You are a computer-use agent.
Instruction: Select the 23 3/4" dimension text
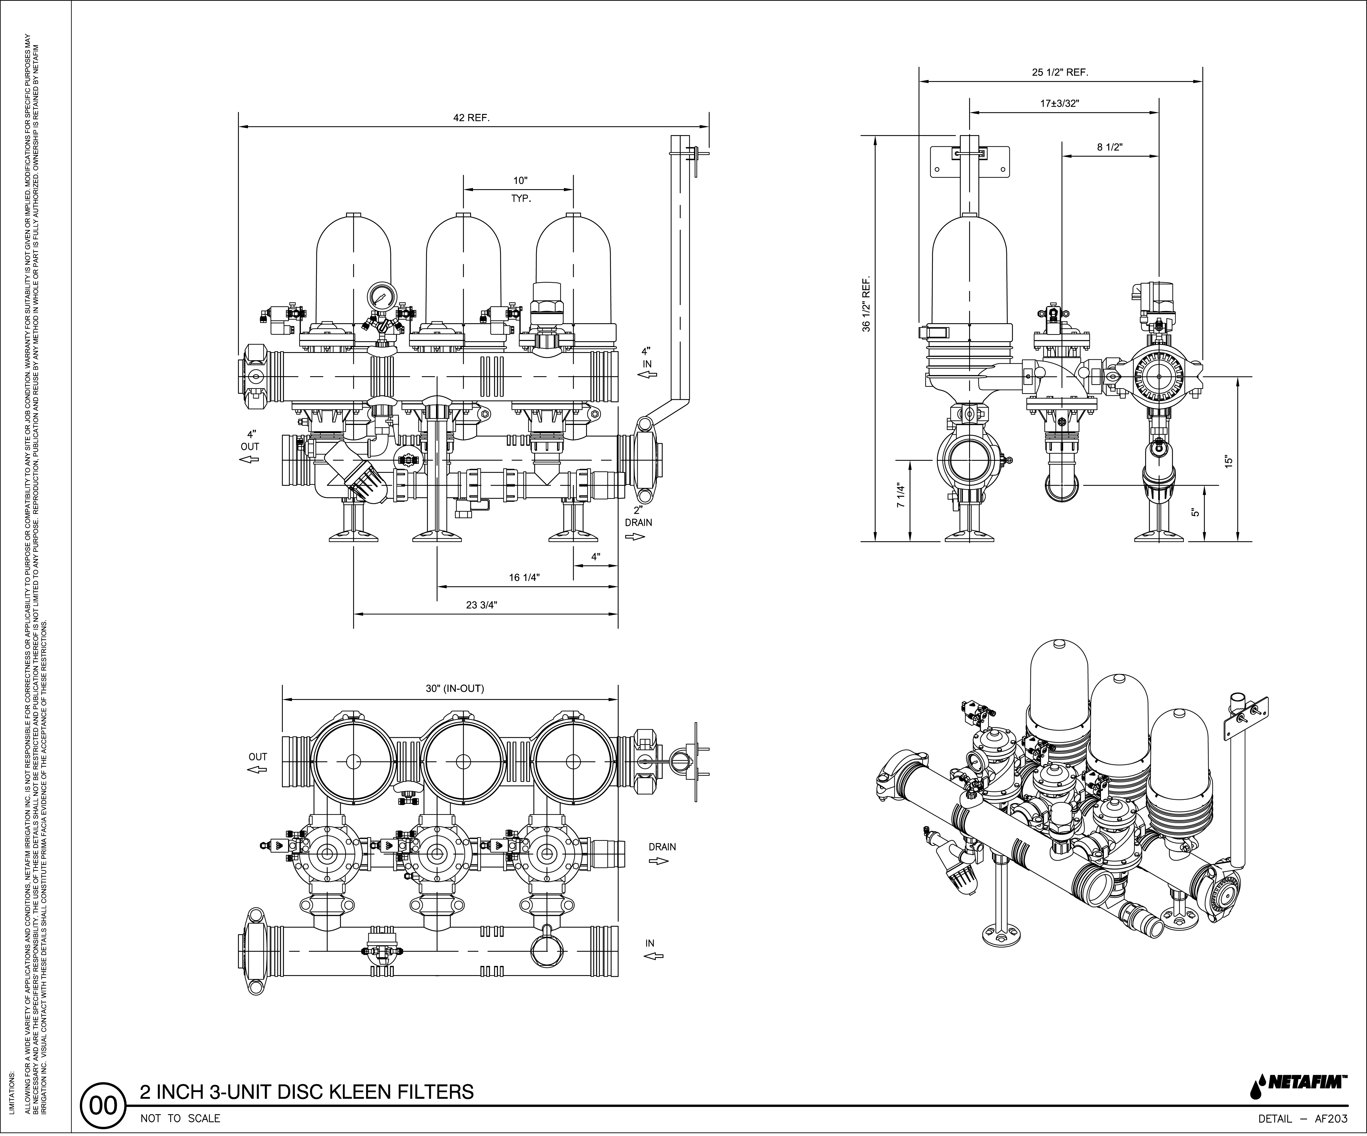point(482,605)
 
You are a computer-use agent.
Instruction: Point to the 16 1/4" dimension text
point(524,577)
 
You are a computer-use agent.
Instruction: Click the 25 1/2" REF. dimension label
point(1060,72)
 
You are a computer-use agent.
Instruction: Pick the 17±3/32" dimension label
point(1060,103)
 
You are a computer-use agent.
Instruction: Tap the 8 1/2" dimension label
point(1110,147)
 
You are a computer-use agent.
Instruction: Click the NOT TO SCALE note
point(180,1119)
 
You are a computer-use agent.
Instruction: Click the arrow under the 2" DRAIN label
point(635,537)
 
